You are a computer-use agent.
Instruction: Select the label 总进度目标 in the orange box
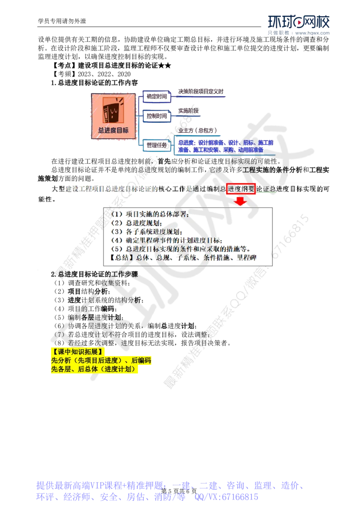tap(113, 130)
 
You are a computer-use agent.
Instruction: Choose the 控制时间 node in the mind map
tap(157, 116)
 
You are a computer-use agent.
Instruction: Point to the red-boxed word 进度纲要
tap(241, 189)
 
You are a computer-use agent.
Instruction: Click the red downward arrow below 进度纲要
tap(241, 201)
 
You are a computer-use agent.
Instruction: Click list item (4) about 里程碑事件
tap(166, 241)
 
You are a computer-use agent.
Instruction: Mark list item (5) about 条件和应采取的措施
tap(180, 249)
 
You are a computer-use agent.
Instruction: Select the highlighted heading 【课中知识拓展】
tap(77, 351)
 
